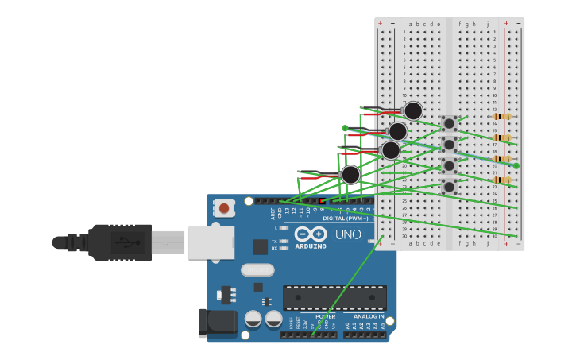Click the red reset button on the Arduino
click(224, 209)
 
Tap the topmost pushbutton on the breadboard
click(449, 123)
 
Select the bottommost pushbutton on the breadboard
click(449, 187)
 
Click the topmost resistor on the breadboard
click(501, 117)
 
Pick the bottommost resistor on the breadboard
click(501, 180)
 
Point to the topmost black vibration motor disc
click(413, 110)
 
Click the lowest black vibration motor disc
click(350, 175)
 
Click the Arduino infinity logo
click(311, 234)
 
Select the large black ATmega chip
click(334, 298)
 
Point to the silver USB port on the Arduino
click(211, 242)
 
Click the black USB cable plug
click(119, 242)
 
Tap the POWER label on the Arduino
click(325, 316)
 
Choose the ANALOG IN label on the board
click(369, 316)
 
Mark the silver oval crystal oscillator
click(257, 270)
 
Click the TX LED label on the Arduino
click(274, 241)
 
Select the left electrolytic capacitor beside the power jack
click(253, 319)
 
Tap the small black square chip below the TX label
click(260, 247)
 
